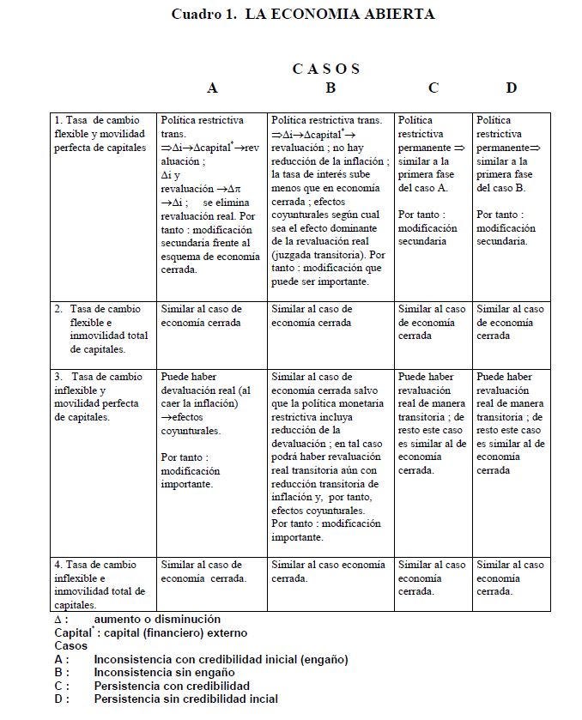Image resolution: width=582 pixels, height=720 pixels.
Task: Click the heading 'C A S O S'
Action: [325, 69]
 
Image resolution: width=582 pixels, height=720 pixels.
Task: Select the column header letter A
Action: [212, 88]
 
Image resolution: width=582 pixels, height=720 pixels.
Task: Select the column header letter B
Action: [330, 88]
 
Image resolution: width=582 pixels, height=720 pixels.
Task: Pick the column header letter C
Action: [433, 88]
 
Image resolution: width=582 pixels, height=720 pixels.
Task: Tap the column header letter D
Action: [512, 88]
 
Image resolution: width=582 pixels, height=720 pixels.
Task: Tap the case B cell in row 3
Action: [330, 457]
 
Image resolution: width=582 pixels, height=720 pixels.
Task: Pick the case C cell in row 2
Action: [432, 322]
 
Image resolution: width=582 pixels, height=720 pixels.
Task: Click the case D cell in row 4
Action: [510, 578]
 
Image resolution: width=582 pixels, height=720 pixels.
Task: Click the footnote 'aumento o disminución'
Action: [157, 619]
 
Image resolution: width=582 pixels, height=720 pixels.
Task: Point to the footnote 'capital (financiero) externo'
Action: [174, 632]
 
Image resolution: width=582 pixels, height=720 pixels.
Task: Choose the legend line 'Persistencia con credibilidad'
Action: [172, 686]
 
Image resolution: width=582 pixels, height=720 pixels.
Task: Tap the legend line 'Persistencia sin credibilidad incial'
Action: [185, 699]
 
